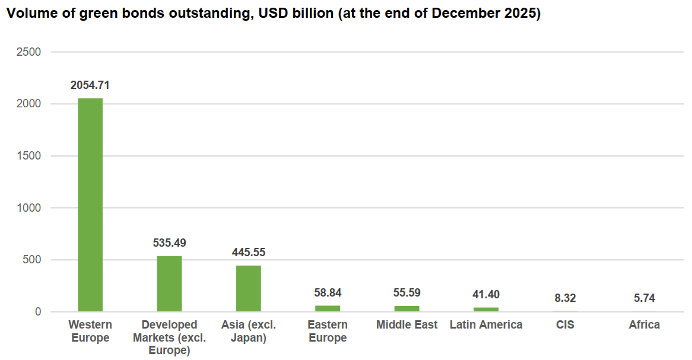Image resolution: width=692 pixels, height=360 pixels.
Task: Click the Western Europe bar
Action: pos(90,205)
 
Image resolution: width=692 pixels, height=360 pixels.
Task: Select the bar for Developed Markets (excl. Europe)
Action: pos(169,283)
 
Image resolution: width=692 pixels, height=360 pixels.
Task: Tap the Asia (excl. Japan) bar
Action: pos(248,288)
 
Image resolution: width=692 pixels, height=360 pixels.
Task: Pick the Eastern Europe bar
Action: pos(328,308)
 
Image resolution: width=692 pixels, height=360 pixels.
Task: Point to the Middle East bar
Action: pos(407,308)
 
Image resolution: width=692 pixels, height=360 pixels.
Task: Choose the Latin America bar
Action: pos(486,309)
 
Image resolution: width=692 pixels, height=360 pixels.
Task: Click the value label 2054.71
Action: pos(90,85)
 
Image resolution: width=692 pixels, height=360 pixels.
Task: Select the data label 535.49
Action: pos(169,243)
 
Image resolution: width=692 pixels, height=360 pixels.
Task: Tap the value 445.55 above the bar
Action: pos(248,253)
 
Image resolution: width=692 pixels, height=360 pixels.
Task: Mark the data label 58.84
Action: pos(328,293)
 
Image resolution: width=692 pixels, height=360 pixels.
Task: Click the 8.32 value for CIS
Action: pos(565,298)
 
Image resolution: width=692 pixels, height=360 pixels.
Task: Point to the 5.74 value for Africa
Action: pos(645,298)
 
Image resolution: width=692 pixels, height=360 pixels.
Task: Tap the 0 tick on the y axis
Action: pos(37,312)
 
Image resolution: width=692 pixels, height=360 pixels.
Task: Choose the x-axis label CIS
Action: pos(565,325)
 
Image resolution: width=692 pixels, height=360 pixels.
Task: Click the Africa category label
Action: pos(645,325)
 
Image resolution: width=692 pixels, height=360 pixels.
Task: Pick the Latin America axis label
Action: pos(486,325)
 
